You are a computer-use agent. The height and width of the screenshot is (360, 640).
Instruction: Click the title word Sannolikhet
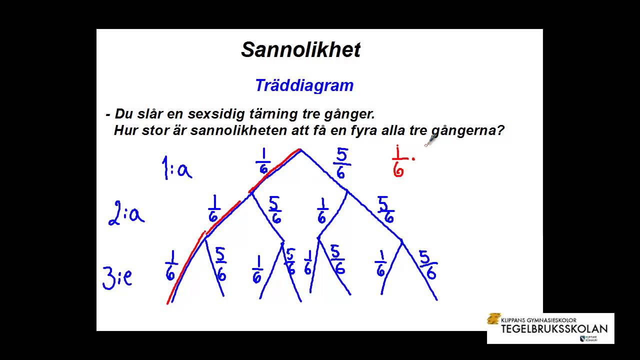[300, 50]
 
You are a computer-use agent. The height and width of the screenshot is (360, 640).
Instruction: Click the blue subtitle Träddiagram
[304, 85]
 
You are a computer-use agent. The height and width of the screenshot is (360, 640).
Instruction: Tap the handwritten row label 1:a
[176, 168]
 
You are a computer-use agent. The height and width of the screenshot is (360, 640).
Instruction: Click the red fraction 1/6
[398, 161]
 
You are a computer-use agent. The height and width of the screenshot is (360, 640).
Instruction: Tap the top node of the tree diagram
[300, 149]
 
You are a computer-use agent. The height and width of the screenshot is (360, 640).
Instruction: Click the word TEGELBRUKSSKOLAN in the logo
[554, 328]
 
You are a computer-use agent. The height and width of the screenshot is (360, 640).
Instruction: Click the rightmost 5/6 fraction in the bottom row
[427, 265]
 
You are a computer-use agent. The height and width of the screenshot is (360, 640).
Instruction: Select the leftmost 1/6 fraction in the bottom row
[171, 265]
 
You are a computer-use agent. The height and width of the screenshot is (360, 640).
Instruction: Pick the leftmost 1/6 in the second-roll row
[214, 209]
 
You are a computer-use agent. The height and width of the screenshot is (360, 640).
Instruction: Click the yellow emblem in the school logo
[494, 319]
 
